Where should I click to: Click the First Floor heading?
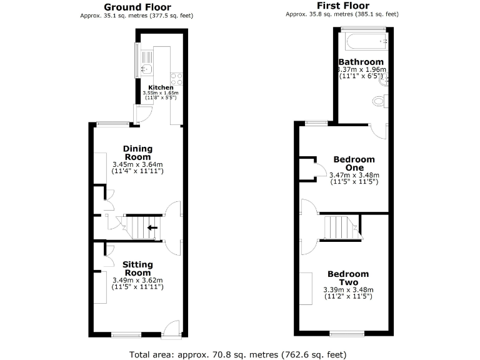342,6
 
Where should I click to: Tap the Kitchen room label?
161,87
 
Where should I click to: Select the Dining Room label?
138,152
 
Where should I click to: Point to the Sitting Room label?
137,269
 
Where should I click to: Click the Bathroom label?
361,62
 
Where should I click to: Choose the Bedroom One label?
354,163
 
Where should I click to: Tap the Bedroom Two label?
348,278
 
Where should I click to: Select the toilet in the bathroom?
379,100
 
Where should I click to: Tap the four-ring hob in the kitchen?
177,79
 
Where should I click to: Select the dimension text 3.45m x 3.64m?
137,164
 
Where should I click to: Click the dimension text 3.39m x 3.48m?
348,290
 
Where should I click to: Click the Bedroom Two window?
347,333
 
